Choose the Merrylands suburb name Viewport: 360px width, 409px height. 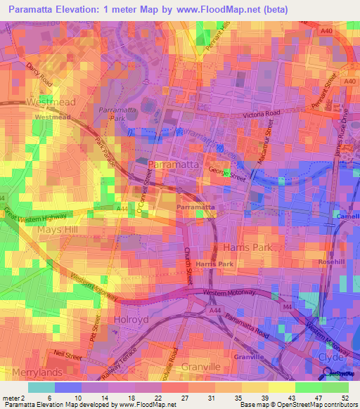(x=32, y=371)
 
